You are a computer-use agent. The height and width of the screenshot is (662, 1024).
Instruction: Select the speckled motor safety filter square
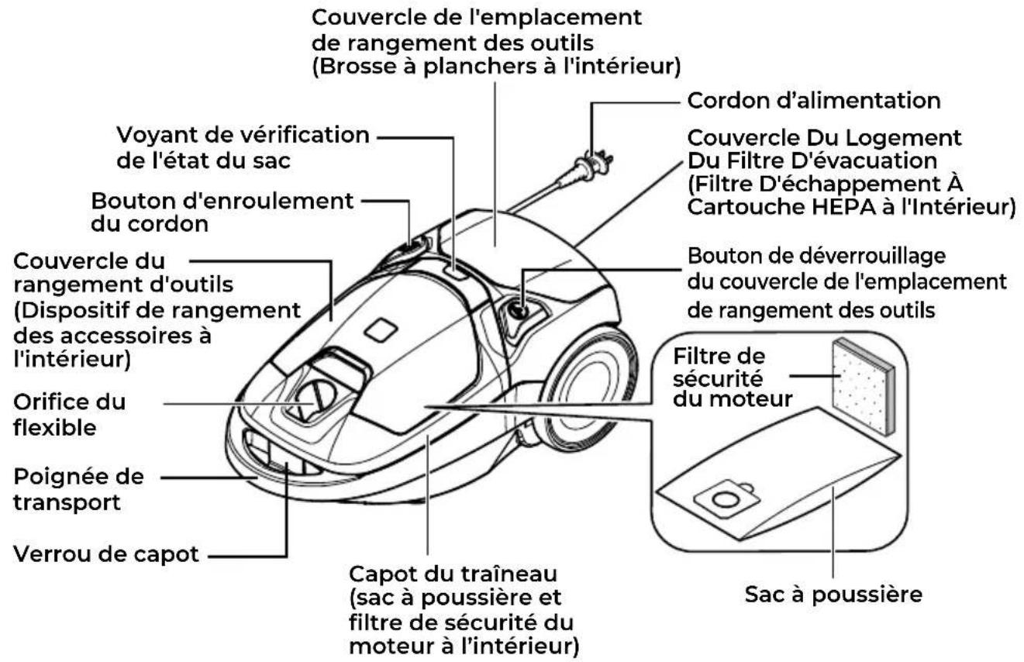coord(863,387)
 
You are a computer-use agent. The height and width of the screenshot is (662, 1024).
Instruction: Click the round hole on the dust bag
coord(726,498)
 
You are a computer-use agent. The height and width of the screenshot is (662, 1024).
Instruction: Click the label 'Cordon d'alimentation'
coord(814,101)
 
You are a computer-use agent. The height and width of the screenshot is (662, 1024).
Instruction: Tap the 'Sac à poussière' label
coord(833,595)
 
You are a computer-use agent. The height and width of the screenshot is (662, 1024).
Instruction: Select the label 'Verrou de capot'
coord(106,554)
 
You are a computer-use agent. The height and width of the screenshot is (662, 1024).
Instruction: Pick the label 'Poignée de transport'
coord(78,489)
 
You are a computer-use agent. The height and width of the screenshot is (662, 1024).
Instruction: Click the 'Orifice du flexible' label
coord(70,415)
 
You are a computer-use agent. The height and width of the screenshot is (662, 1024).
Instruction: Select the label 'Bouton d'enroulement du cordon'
coord(222,212)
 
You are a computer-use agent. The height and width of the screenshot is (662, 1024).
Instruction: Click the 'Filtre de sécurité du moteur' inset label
coord(733,378)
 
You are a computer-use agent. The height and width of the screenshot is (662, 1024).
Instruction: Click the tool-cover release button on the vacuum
coord(519,312)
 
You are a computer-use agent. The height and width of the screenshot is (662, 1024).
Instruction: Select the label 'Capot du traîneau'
coord(453,574)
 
